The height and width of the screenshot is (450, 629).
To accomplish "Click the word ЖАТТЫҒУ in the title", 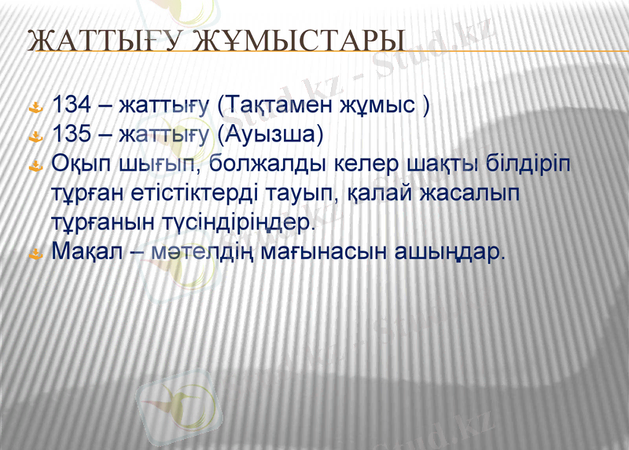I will (x=97, y=41).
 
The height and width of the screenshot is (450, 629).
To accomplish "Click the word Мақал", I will (x=85, y=253).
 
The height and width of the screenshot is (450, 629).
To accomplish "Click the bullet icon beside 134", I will (x=35, y=107).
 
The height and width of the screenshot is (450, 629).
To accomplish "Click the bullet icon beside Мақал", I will (x=35, y=254).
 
